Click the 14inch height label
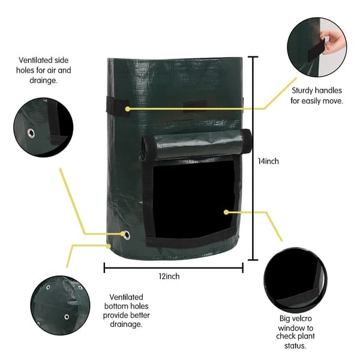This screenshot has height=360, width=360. point(268,161)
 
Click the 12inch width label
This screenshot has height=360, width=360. point(169,276)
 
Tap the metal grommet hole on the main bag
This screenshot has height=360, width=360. point(126,236)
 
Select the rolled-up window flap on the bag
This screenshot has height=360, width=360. point(196,145)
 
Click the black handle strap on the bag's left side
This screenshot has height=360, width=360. point(118,108)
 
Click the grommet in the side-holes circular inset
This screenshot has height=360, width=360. point(31,133)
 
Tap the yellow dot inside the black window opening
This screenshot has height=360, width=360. point(226,212)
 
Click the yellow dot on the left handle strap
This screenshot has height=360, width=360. point(128,109)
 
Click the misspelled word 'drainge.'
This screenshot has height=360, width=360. point(43,80)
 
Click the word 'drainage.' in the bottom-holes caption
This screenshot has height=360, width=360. point(126,324)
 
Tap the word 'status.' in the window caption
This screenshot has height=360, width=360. point(295,346)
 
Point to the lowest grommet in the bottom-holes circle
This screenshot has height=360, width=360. point(67,317)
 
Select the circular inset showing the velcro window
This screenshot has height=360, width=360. point(295,280)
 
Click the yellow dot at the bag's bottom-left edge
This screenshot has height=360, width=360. point(109,246)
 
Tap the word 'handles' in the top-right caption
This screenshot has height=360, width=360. point(329,91)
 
